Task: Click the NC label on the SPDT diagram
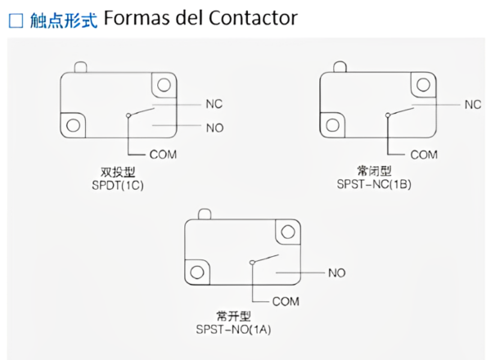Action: [214, 104]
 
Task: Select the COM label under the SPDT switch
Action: [163, 154]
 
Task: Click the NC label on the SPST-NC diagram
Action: [472, 104]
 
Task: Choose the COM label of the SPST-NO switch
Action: [286, 300]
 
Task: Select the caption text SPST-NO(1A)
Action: [233, 330]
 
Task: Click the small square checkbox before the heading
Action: [15, 20]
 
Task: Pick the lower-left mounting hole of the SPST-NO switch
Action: [196, 271]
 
